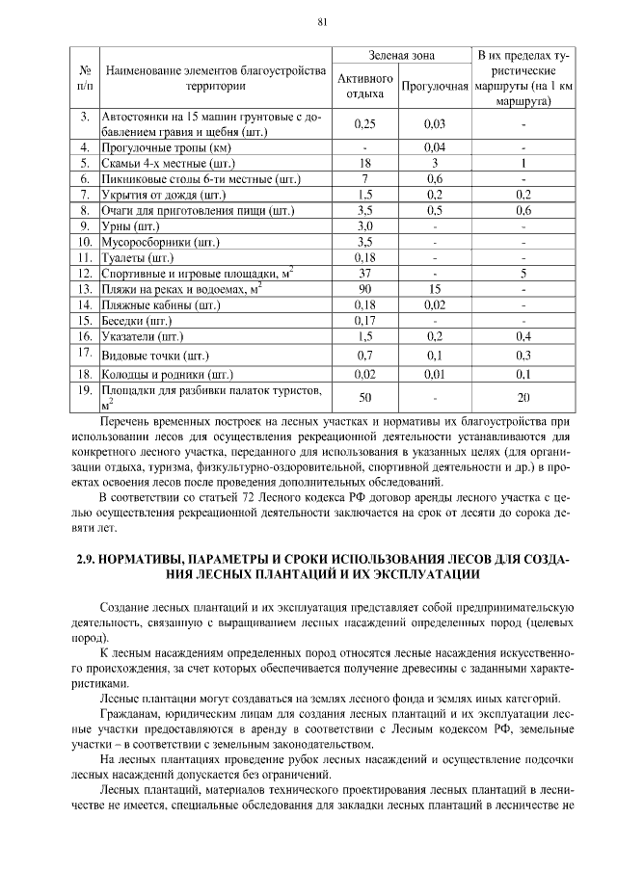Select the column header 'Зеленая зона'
tap(399, 57)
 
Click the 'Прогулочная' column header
tap(434, 86)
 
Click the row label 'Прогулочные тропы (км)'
tap(168, 148)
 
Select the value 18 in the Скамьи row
tap(364, 164)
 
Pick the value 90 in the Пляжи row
tap(364, 288)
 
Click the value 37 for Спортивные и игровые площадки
tap(364, 273)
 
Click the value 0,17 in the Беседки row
tap(364, 320)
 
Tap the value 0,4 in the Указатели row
tap(523, 335)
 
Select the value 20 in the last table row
tap(523, 397)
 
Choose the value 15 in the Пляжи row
tap(434, 288)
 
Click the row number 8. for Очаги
tap(85, 210)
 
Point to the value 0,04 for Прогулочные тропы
tap(434, 148)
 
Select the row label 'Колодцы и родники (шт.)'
tap(168, 374)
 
